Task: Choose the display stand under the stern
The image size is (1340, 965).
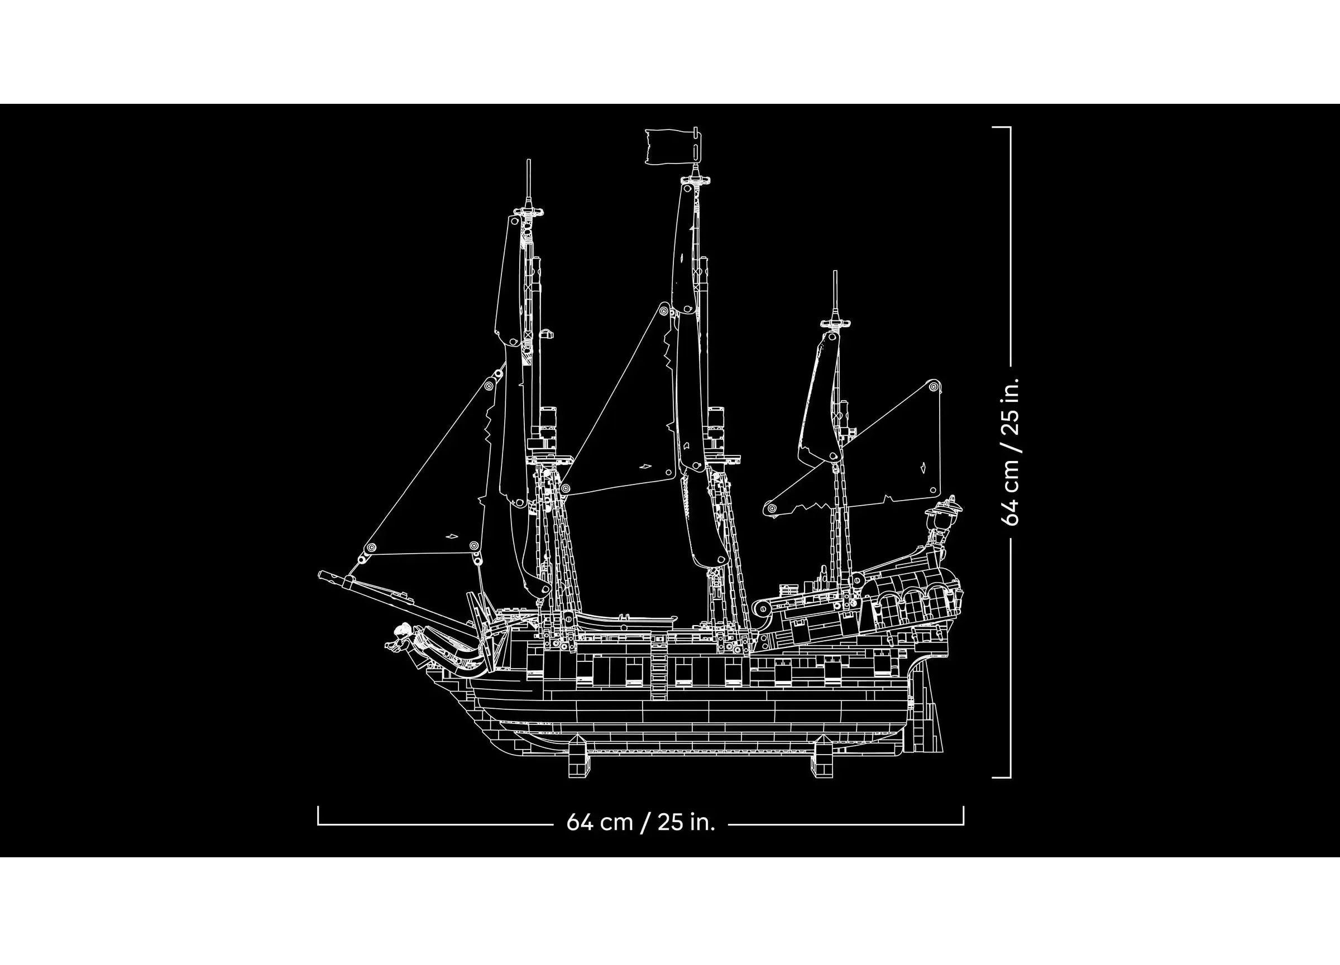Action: (822, 757)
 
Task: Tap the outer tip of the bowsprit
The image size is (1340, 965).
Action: (319, 573)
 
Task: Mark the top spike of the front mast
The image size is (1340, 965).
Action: (529, 160)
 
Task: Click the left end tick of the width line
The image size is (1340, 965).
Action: (318, 814)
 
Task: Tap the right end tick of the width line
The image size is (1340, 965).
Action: (963, 814)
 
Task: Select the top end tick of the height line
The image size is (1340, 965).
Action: (1002, 127)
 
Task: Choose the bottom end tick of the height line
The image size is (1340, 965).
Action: (1002, 777)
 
